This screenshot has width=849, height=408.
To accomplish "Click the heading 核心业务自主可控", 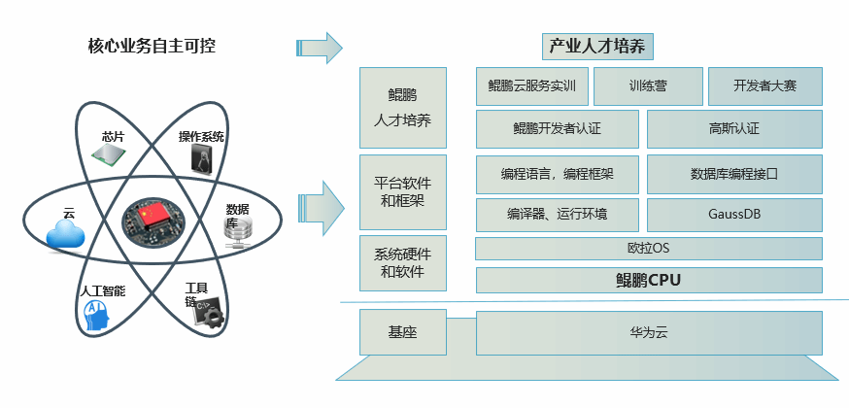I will (153, 46).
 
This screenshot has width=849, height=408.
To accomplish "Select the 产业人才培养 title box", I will (598, 46).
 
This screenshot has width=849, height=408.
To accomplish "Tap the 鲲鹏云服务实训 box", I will (531, 86).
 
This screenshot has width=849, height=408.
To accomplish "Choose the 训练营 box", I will (647, 86).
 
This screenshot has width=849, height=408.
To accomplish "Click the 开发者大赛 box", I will (764, 86).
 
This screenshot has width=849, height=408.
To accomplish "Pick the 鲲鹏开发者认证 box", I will (557, 128).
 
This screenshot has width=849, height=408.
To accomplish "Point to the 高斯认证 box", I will (734, 128).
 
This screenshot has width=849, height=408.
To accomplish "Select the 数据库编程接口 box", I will (734, 175).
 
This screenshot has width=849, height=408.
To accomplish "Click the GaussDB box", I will (734, 213).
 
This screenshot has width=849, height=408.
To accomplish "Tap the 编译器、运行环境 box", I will (557, 213).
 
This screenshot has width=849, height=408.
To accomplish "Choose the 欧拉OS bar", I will (648, 249).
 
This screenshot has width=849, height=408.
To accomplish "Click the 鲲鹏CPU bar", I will (648, 281).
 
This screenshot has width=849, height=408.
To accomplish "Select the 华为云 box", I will (648, 332).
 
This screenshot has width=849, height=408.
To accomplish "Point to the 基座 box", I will (402, 332).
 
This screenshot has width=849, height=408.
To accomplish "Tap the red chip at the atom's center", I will (153, 221).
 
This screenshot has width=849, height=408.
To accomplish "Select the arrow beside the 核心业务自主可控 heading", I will (320, 47).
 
